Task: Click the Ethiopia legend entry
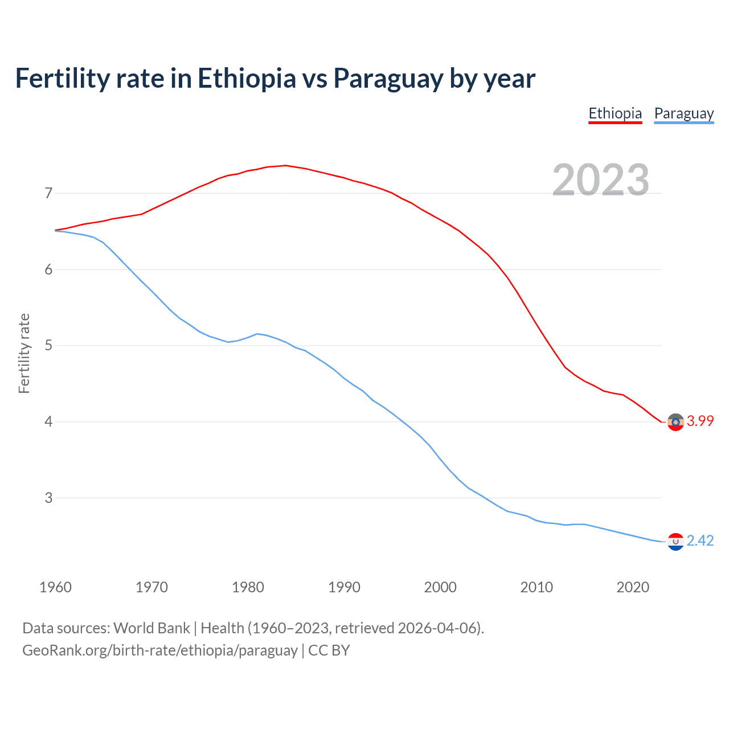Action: (615, 113)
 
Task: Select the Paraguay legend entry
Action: (683, 113)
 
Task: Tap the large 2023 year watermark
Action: (601, 180)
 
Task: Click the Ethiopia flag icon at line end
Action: (675, 422)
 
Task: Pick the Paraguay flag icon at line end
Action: (675, 542)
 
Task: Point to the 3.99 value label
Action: (700, 421)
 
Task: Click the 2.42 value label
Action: (700, 540)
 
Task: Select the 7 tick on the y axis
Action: (48, 194)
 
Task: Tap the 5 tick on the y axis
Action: (48, 346)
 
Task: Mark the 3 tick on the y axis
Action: (48, 498)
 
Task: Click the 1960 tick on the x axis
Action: (55, 587)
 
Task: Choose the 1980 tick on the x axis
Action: (248, 587)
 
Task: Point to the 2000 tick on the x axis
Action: (440, 587)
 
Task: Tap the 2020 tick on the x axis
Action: (633, 587)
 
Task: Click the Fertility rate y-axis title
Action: (24, 353)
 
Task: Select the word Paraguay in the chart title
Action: (388, 79)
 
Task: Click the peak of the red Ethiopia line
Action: (286, 166)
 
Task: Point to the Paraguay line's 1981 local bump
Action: (257, 334)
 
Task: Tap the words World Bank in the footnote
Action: (151, 628)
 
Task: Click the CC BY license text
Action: (329, 650)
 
